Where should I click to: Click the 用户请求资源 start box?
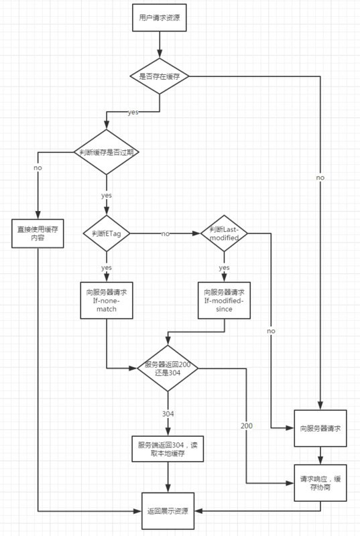pyautogui.click(x=159, y=20)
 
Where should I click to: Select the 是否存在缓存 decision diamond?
pyautogui.click(x=159, y=76)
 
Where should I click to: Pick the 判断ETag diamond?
pyautogui.click(x=107, y=233)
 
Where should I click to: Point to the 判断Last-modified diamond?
pyautogui.click(x=224, y=233)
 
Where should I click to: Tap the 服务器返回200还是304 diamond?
pyautogui.click(x=168, y=368)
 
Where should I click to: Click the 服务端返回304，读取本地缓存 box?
pyautogui.click(x=168, y=449)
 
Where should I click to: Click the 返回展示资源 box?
pyautogui.click(x=168, y=511)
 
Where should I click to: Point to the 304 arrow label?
pyautogui.click(x=168, y=414)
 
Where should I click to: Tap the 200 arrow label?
pyautogui.click(x=247, y=425)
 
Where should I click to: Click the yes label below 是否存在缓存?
pyautogui.click(x=133, y=112)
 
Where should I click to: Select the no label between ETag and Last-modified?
pyautogui.click(x=164, y=234)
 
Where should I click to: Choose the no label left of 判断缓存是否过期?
pyautogui.click(x=38, y=166)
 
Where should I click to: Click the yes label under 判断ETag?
pyautogui.click(x=107, y=268)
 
